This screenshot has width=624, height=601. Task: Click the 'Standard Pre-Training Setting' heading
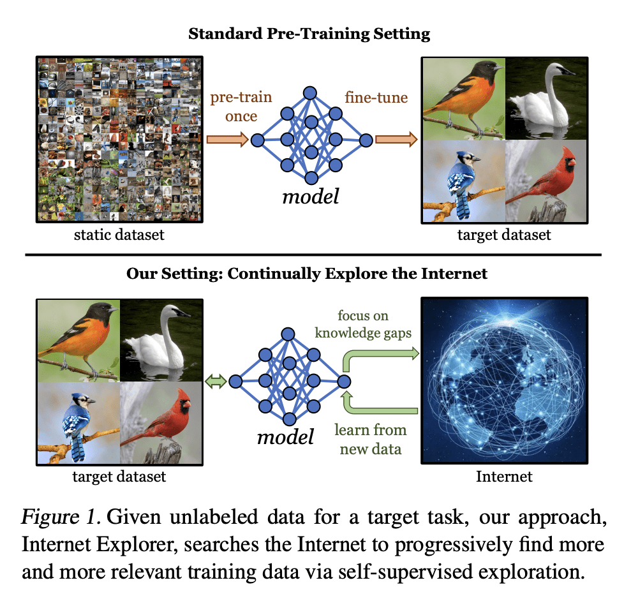pyautogui.click(x=309, y=34)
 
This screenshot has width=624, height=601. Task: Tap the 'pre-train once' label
pyautogui.click(x=241, y=107)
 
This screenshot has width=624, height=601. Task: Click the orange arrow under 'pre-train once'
pyautogui.click(x=227, y=139)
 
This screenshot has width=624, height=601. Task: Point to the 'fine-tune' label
pyautogui.click(x=376, y=98)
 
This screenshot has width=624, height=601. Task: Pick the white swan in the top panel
pyautogui.click(x=546, y=99)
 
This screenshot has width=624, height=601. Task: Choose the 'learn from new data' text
pyautogui.click(x=371, y=439)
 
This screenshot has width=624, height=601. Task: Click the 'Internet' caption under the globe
pyautogui.click(x=504, y=477)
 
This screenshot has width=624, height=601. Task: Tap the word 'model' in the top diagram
pyautogui.click(x=311, y=196)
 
